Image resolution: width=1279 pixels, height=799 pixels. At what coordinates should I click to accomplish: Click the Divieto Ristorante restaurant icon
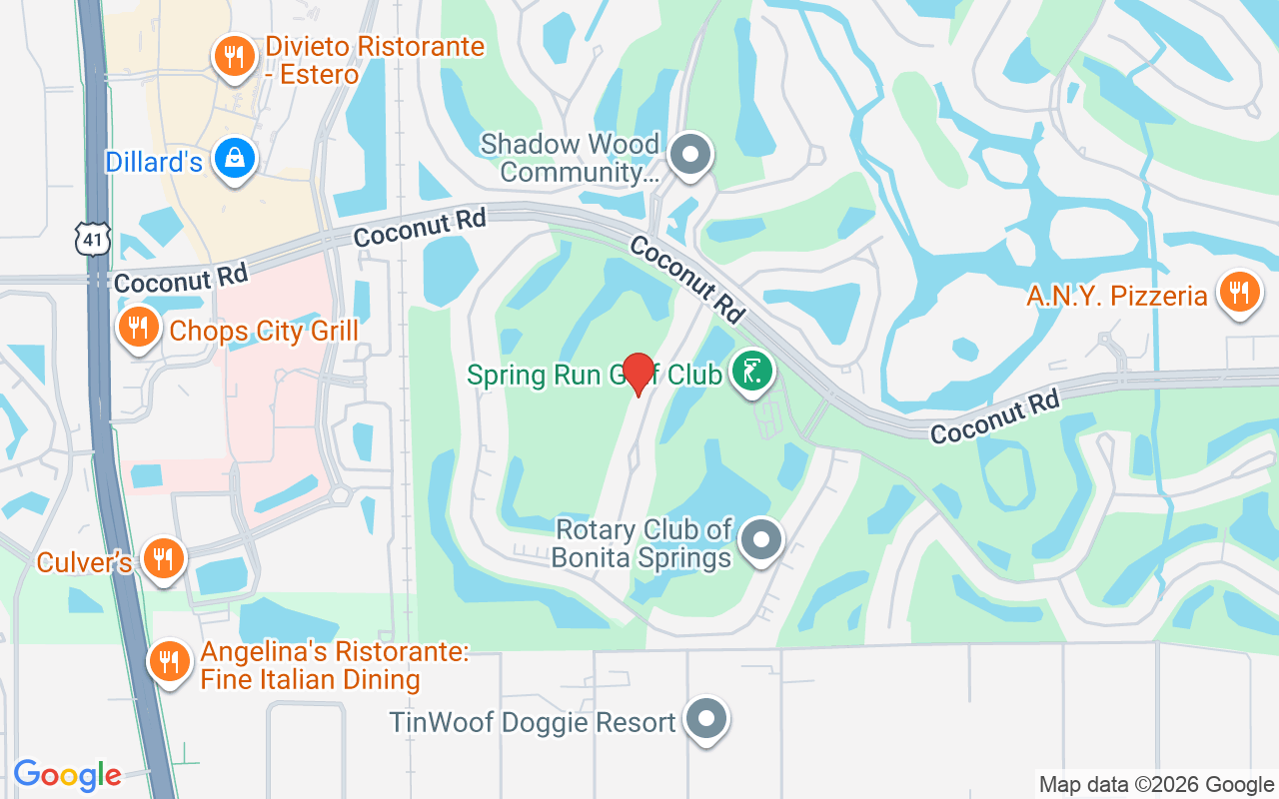pos(234,56)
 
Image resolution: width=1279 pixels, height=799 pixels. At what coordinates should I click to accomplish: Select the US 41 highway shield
pos(90,239)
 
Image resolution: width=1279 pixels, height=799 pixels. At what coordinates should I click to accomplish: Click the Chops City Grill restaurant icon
pos(139,327)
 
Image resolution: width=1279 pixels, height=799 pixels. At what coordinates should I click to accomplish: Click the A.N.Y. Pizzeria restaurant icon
pos(1239,293)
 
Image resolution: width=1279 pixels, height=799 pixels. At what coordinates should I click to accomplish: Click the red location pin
pos(638,374)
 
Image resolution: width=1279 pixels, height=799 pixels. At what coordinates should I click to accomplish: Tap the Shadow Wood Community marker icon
pos(689,155)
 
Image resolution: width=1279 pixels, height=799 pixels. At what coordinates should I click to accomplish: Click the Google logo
pos(67,774)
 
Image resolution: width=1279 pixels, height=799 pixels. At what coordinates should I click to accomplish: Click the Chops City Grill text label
pos(264,331)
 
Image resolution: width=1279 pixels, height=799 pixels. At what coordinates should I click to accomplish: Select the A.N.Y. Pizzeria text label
pos(1117,297)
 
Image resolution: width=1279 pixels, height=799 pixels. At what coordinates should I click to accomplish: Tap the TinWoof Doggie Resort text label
pos(533,722)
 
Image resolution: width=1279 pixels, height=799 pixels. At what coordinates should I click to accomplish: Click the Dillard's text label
pos(154,162)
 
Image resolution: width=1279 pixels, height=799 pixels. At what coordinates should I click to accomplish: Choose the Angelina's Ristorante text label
pos(335,666)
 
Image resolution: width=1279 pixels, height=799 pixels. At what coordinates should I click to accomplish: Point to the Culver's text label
pos(85,562)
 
